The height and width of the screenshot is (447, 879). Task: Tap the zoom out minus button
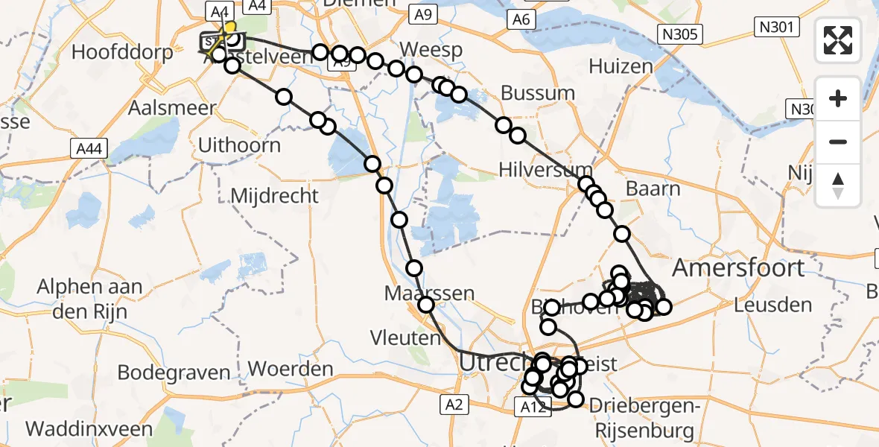[x=838, y=142]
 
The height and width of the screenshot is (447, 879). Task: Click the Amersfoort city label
[x=738, y=267]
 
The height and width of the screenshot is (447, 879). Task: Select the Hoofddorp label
[x=123, y=52]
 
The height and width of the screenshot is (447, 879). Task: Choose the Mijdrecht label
[x=275, y=196]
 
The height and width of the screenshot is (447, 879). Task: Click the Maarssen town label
[x=429, y=293]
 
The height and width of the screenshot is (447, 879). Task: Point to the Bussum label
[x=538, y=93]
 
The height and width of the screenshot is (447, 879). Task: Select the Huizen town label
[x=621, y=66]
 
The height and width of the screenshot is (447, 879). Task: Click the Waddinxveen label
[x=89, y=429]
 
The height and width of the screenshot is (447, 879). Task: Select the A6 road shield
[x=521, y=19]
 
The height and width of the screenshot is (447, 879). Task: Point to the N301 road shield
[x=776, y=28]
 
